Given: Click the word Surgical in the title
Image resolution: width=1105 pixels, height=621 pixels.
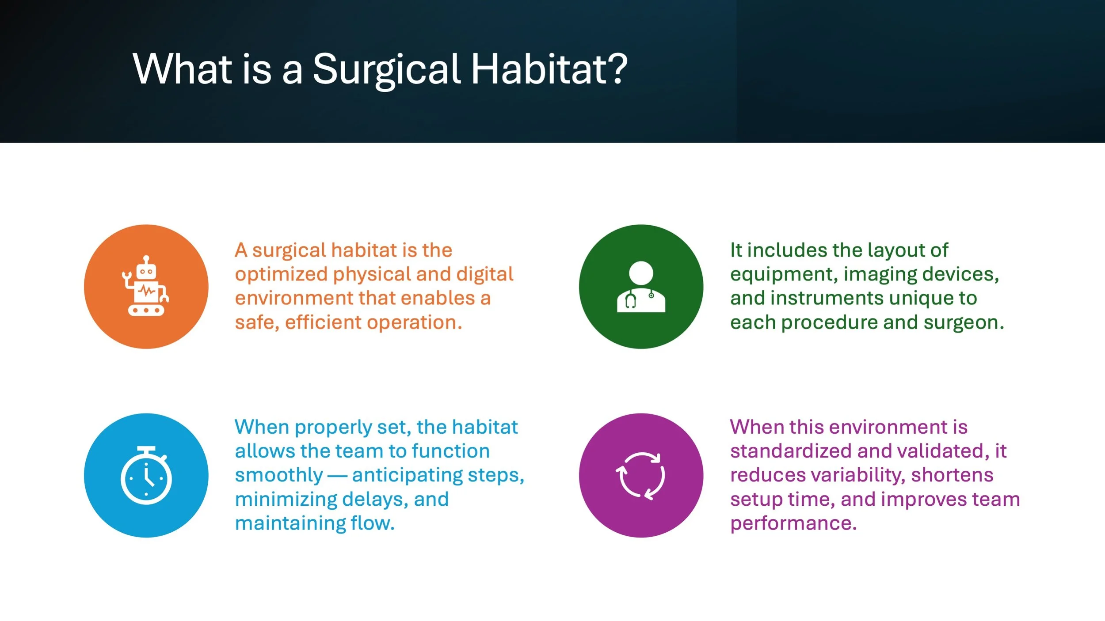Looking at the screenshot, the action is coord(387,70).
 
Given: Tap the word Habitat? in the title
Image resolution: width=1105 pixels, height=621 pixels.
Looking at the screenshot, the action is coord(549,68).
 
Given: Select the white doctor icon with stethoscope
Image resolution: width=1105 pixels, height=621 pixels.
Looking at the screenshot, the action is coord(641,287).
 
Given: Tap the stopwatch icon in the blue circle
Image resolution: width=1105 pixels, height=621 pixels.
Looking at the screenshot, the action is coord(146,475).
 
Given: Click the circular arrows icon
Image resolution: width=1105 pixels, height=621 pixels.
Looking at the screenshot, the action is coord(641,476).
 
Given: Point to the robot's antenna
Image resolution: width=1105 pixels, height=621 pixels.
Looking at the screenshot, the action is coord(146,260).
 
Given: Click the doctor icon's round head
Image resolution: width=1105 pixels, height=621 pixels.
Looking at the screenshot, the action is coord(641,273).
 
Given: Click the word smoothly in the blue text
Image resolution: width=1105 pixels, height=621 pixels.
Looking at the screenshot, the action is coord(279,475).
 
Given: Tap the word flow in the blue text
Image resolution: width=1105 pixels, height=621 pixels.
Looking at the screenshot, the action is coord(372,523).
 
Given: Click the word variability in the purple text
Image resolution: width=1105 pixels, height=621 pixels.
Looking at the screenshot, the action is coord(858,476).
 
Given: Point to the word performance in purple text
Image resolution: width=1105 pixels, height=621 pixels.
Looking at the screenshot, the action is coord(793,524).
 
